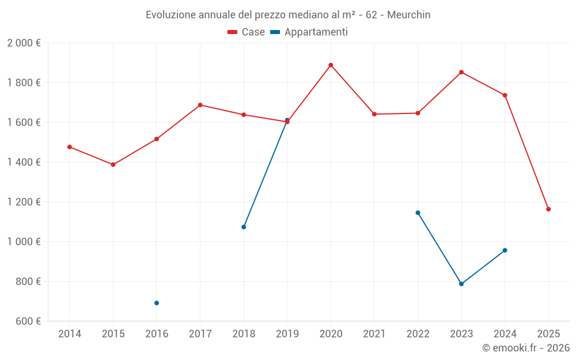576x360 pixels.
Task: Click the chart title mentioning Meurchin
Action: (288, 14)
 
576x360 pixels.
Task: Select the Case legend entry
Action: (247, 32)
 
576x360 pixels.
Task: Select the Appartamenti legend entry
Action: (309, 32)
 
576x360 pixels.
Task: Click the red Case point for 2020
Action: (331, 65)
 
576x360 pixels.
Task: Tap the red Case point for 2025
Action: (548, 209)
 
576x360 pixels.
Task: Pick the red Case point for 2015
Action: (113, 165)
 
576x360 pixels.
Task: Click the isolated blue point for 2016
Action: (157, 303)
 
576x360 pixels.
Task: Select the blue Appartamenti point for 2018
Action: (244, 227)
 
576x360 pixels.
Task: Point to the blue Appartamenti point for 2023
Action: (461, 284)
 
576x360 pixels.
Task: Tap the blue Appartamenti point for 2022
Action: (418, 213)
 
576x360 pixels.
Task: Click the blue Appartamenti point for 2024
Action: (505, 251)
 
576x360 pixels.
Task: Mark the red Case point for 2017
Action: (200, 105)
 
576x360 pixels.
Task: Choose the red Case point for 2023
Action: (461, 72)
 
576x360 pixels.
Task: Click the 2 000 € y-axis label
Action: (24, 43)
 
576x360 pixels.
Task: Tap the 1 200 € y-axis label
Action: (24, 202)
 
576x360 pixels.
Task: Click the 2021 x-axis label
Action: (374, 334)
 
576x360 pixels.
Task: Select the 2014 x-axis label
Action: (70, 334)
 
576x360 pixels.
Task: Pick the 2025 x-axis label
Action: (548, 334)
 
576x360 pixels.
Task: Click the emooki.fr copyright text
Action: (526, 348)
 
